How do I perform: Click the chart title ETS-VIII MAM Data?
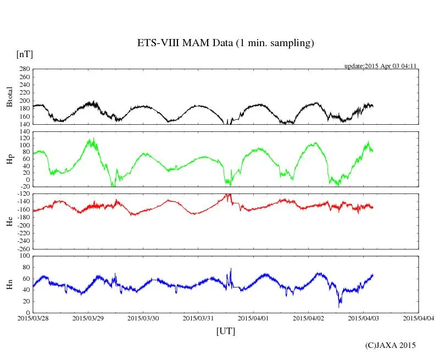225,43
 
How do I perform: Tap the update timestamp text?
380,65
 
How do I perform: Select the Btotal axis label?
9,97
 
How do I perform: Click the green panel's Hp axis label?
9,159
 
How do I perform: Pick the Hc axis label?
9,221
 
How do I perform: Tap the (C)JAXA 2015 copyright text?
391,345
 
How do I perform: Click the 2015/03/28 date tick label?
33,318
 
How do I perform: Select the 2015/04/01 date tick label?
253,318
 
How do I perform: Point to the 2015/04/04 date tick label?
419,318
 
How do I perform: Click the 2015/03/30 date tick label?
143,318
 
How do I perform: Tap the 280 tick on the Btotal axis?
24,69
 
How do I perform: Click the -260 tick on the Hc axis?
23,248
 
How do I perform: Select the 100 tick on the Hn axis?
24,256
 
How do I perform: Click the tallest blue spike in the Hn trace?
231,269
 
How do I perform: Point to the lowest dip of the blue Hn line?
339,306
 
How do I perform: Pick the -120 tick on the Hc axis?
23,195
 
